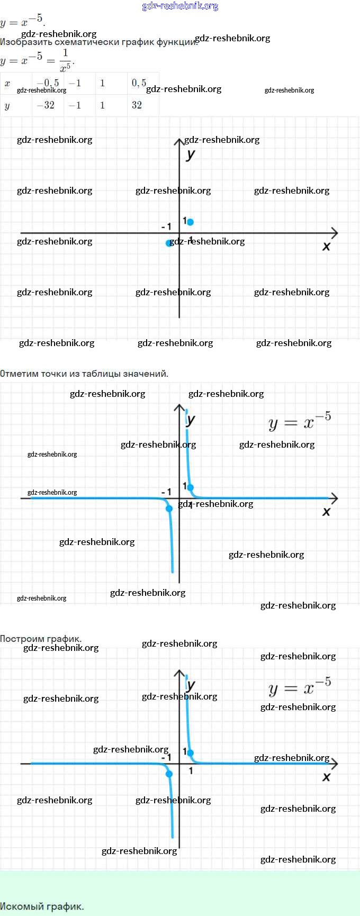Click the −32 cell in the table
click(46, 105)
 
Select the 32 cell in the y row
click(137, 105)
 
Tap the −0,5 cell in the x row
click(48, 83)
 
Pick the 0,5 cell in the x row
click(139, 83)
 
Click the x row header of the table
click(7, 83)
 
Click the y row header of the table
click(7, 105)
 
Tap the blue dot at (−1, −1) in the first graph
click(169, 243)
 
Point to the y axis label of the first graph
click(191, 154)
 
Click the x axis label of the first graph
click(326, 247)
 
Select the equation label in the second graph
click(300, 422)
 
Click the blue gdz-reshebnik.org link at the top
click(180, 6)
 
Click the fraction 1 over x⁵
click(65, 60)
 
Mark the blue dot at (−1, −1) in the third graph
click(169, 774)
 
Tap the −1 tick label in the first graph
click(166, 226)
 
